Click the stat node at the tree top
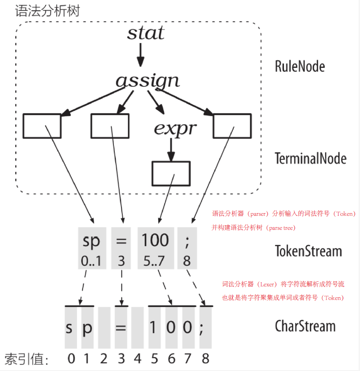(146, 33)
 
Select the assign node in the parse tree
(148, 81)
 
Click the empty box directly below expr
(171, 173)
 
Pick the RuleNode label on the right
(299, 66)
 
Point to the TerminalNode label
(311, 158)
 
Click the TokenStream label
(308, 251)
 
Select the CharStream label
(305, 326)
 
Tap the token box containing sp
(92, 248)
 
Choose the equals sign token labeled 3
(121, 248)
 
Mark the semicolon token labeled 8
(187, 248)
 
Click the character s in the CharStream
(69, 328)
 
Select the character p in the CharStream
(87, 328)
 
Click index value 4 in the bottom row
(137, 359)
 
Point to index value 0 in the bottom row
(71, 359)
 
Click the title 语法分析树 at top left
(47, 11)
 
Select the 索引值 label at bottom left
(27, 359)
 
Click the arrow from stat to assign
(141, 57)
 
